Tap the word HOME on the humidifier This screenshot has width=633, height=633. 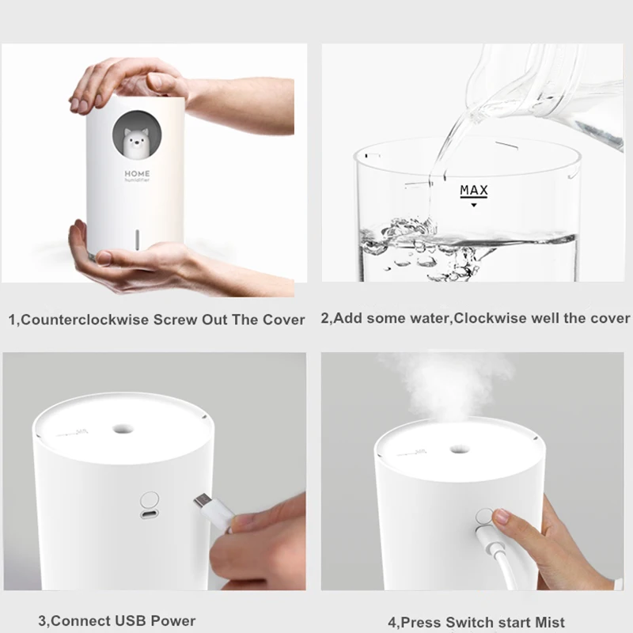click(x=137, y=173)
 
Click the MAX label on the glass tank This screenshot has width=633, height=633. click(x=474, y=191)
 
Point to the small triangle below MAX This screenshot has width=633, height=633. click(x=474, y=205)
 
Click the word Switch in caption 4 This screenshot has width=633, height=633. click(x=468, y=623)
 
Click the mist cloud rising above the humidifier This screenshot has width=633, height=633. click(x=447, y=380)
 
